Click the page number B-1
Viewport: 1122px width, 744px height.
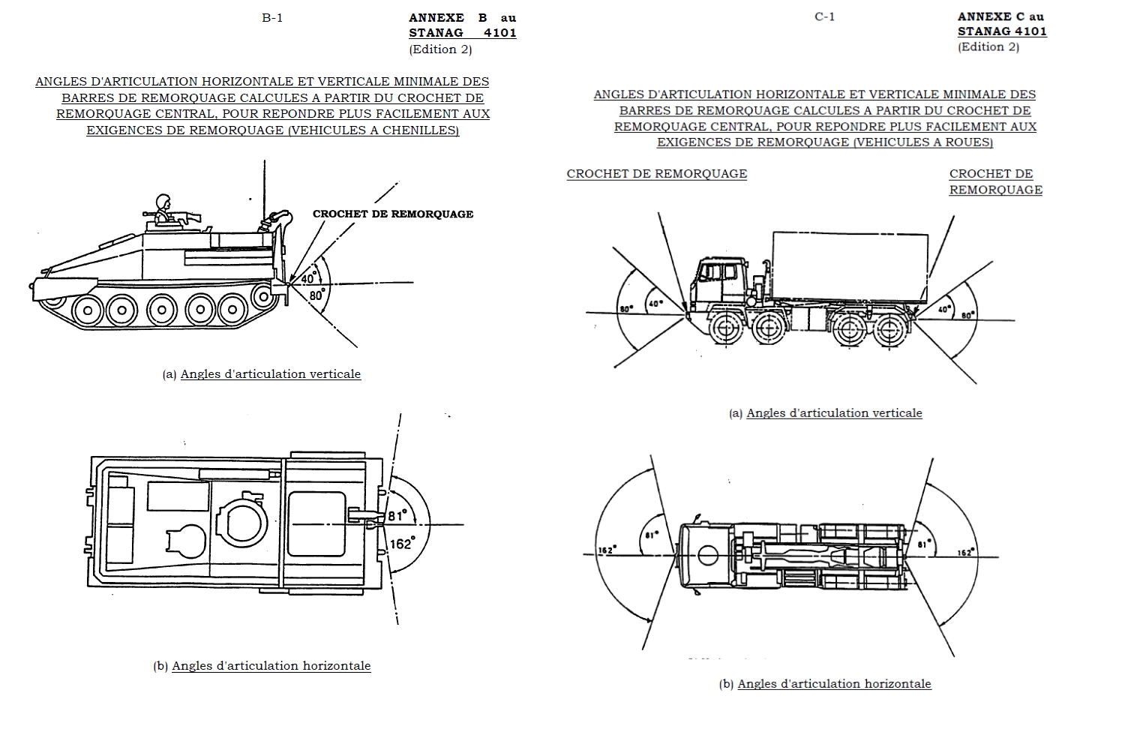272,18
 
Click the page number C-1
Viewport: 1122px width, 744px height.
824,16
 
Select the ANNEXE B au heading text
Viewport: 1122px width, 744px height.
462,18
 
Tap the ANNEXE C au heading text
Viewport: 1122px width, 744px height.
1000,16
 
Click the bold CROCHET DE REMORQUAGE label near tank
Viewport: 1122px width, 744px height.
393,214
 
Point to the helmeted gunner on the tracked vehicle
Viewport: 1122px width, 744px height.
162,207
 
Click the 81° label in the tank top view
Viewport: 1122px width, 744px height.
397,516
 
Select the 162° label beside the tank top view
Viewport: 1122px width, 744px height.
401,543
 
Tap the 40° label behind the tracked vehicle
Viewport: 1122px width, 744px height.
308,279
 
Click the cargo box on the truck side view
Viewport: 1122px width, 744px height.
850,264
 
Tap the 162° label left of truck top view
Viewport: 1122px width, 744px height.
607,550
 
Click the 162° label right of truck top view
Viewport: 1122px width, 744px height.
966,552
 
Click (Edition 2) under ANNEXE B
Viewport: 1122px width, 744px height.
440,49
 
